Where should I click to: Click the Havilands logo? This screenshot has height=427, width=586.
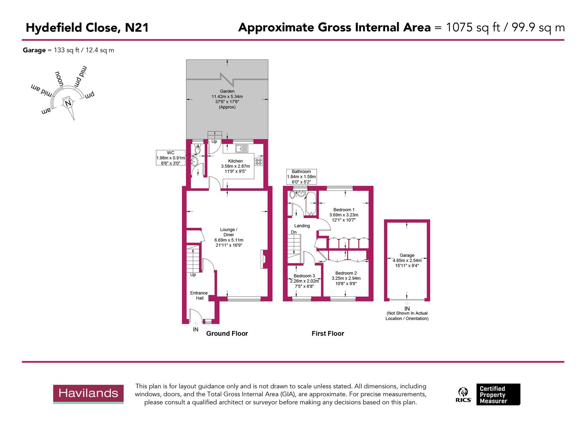click(x=88, y=394)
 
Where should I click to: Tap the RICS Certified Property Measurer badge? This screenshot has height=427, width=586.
click(x=489, y=395)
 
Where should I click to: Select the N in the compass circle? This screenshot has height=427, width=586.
click(x=68, y=104)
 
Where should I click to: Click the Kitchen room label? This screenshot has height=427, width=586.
click(x=235, y=161)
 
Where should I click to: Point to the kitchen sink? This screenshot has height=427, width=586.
click(x=241, y=149)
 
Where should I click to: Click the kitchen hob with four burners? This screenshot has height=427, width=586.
click(x=259, y=161)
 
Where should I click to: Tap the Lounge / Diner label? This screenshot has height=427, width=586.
click(x=229, y=232)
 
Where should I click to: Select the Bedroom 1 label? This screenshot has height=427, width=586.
click(x=344, y=210)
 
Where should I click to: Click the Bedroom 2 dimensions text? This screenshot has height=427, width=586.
click(x=346, y=281)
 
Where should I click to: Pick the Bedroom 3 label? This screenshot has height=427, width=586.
click(x=304, y=276)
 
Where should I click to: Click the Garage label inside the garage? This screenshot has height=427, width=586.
click(x=407, y=255)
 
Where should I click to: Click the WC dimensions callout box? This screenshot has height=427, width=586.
click(x=170, y=158)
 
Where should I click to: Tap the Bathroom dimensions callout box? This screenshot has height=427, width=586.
click(x=301, y=177)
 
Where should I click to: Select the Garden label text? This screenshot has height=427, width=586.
click(x=227, y=91)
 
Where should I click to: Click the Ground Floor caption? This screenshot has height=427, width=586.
click(x=227, y=333)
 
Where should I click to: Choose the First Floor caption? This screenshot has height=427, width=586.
click(x=328, y=333)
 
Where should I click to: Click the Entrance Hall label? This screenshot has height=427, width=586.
click(x=199, y=295)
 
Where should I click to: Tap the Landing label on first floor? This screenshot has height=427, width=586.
click(x=302, y=226)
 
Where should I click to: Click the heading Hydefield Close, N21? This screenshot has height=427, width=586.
click(x=87, y=28)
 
